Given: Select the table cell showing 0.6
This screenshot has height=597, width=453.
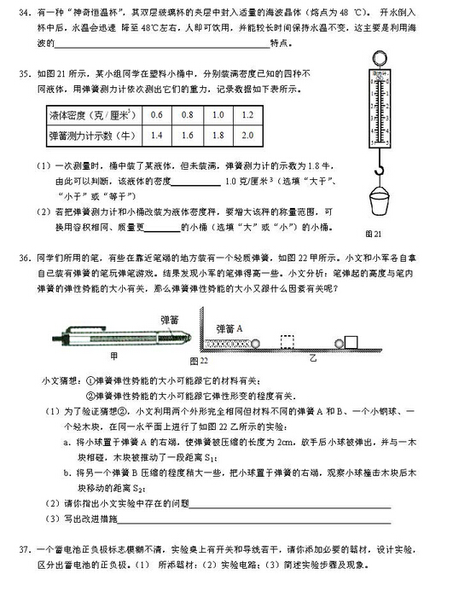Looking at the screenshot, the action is [156, 114].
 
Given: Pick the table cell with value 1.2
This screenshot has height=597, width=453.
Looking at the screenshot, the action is [247, 114].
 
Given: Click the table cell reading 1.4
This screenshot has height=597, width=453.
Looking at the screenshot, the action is [156, 135].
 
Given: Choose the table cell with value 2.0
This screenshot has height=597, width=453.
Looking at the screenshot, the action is [247, 135].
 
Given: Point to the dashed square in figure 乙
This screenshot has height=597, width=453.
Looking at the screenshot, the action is [287, 342].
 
